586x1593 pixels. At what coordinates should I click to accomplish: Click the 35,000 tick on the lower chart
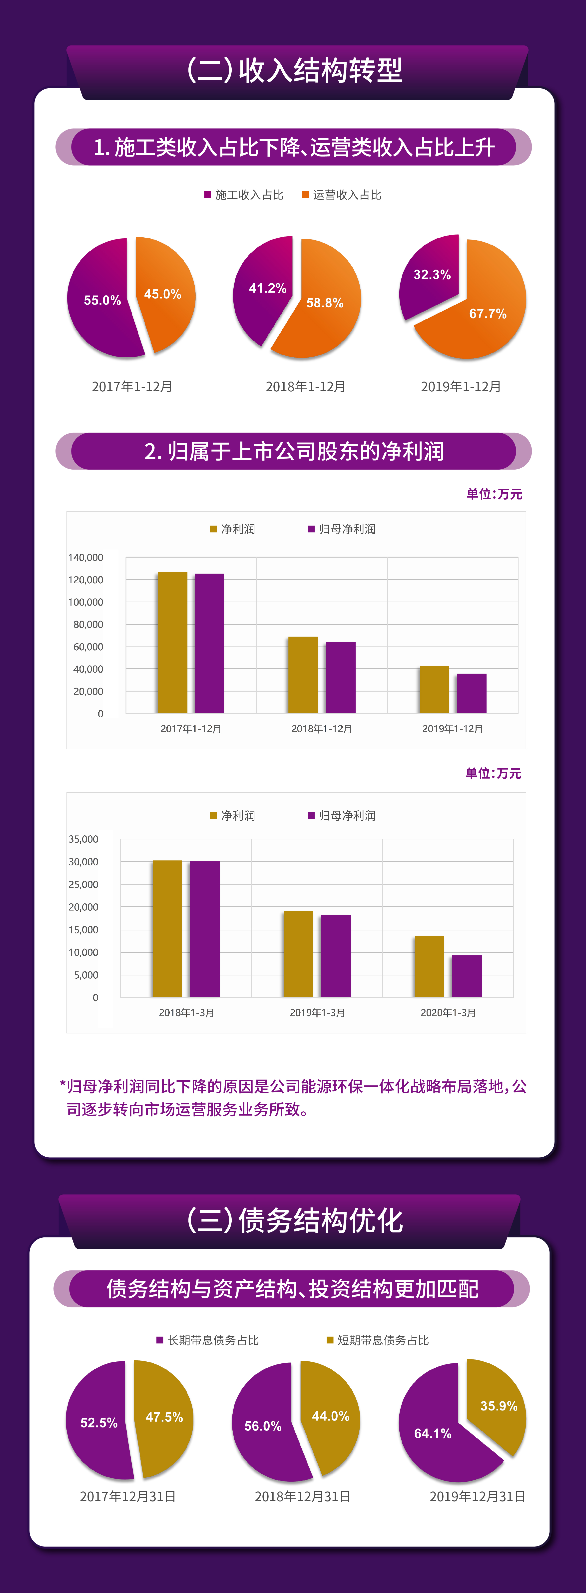[83, 839]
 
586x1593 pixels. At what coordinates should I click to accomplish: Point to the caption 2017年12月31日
[128, 1496]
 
